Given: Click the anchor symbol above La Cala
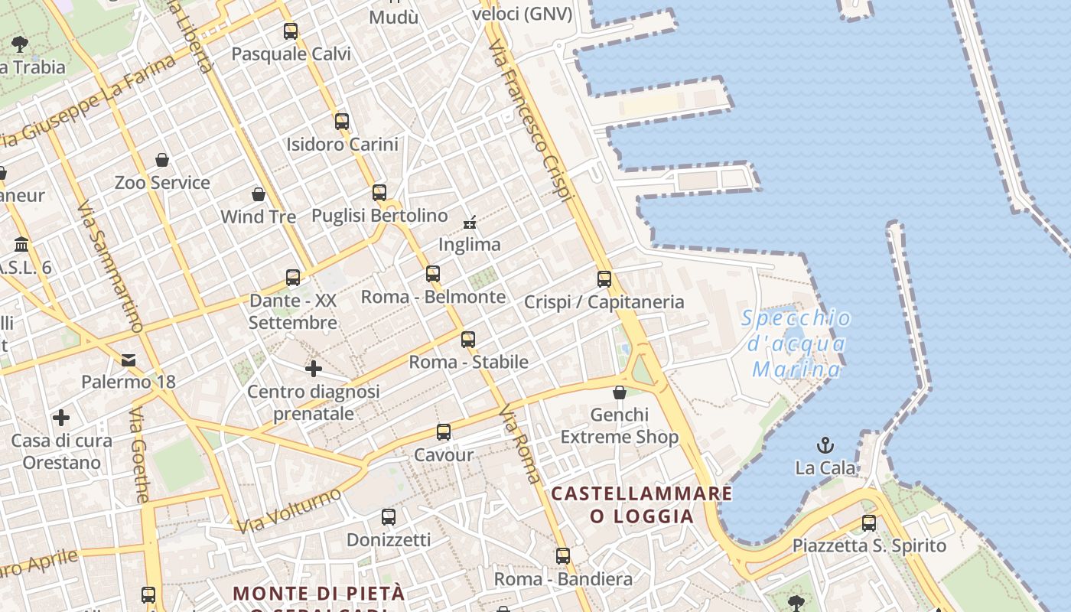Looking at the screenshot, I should [x=825, y=445].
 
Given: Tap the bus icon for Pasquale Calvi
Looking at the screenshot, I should [x=291, y=31].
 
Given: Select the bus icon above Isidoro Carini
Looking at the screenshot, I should [x=342, y=121].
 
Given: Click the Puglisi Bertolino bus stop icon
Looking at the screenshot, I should [x=379, y=193].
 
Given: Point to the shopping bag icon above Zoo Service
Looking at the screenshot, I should [x=162, y=160].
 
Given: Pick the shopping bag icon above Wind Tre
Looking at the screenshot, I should [x=259, y=194].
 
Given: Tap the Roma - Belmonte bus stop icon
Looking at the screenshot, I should [x=433, y=274].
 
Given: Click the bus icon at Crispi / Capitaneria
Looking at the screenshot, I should [x=604, y=279].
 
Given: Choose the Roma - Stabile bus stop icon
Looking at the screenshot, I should [x=468, y=340].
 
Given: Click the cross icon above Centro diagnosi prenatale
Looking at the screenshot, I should [x=314, y=369].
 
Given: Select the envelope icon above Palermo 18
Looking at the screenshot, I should [x=129, y=360].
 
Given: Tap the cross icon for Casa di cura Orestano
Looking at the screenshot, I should [x=61, y=418].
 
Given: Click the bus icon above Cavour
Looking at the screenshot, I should [x=444, y=432].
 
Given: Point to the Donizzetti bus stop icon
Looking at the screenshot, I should [x=389, y=517].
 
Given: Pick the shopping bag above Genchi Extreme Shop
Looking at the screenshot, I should [x=620, y=392].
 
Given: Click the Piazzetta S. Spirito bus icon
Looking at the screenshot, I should [x=869, y=523].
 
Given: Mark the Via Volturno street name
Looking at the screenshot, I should [x=288, y=510].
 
